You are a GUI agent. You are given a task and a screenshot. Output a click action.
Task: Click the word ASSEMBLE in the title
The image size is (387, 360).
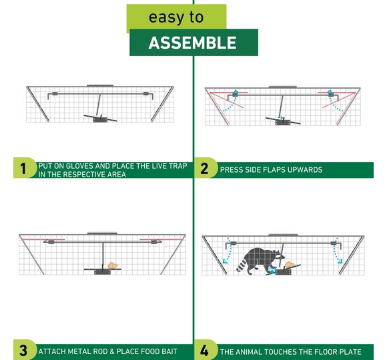coord(193,43)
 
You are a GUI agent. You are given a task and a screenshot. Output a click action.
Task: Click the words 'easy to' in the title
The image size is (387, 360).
coord(176,17)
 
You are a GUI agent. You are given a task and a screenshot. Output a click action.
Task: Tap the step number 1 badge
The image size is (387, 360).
coord(24,168)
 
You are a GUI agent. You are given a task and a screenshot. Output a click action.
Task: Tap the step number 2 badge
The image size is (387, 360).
coord(205,168)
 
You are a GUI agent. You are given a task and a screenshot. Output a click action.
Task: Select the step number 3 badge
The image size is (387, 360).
coord(24,350)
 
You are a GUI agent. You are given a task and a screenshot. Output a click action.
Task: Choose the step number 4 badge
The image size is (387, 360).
coord(205,350)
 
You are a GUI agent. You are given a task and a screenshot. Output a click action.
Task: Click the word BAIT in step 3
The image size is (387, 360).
coord(169,351)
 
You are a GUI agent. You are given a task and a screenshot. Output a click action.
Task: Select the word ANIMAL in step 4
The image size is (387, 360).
coord(248,352)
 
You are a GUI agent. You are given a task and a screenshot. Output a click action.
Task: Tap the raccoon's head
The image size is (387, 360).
coord(277,256)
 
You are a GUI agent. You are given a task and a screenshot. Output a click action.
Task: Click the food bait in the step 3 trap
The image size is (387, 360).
coord(113,265)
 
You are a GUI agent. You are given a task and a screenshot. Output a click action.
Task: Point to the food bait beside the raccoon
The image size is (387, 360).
coord(290,265)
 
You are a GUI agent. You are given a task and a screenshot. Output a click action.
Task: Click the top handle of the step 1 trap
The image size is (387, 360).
coord(100,85)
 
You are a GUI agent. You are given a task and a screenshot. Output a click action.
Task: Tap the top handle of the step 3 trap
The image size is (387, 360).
coord(102,233)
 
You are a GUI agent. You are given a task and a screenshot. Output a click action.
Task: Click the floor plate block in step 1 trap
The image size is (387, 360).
coord(100,119)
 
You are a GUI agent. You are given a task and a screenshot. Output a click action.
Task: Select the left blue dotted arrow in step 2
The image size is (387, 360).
coord(230,101)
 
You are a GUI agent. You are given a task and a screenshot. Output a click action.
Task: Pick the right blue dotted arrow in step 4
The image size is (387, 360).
coord(337,251)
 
